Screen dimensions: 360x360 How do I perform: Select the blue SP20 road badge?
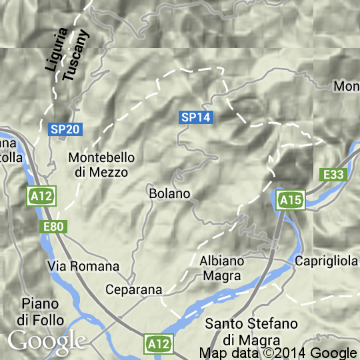61,129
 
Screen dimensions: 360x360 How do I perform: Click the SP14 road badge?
196,117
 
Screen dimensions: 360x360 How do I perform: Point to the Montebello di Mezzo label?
102,165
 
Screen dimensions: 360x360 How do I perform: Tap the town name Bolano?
170,193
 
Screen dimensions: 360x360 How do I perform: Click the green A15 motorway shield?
291,200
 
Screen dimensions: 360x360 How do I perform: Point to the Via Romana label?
83,266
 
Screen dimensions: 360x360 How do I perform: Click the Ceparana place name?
134,290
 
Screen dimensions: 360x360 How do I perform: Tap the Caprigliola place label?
327,261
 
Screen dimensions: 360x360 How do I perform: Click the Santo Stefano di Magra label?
251,331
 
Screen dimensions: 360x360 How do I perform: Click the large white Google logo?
46,341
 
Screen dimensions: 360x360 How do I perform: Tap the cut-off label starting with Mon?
347,86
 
